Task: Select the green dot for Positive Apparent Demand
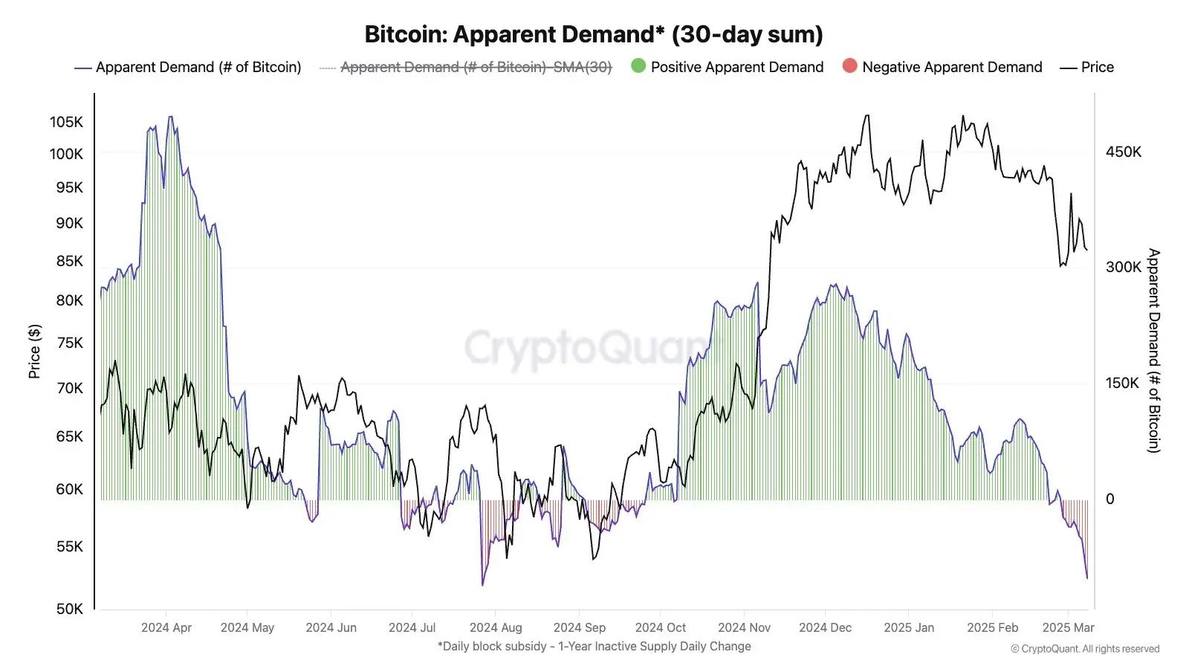pyautogui.click(x=638, y=66)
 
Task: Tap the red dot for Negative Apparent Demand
pyautogui.click(x=849, y=66)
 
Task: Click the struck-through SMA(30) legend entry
pyautogui.click(x=476, y=67)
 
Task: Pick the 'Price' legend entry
pyautogui.click(x=1097, y=67)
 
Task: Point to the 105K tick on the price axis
pyautogui.click(x=66, y=122)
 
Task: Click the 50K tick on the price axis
pyautogui.click(x=69, y=609)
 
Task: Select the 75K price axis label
pyautogui.click(x=70, y=343)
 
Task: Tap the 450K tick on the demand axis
pyautogui.click(x=1123, y=152)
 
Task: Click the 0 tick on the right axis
pyautogui.click(x=1109, y=499)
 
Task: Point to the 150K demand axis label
pyautogui.click(x=1122, y=383)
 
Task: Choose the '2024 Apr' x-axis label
pyautogui.click(x=166, y=627)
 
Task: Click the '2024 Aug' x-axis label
pyautogui.click(x=496, y=627)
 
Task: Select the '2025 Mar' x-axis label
pyautogui.click(x=1068, y=627)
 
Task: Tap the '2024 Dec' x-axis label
pyautogui.click(x=825, y=627)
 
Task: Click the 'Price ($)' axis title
pyautogui.click(x=34, y=351)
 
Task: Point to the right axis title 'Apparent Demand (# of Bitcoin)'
pyautogui.click(x=1153, y=350)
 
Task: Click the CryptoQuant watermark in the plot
pyautogui.click(x=587, y=347)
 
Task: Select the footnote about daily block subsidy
pyautogui.click(x=594, y=646)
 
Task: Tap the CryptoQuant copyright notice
pyautogui.click(x=1085, y=649)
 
